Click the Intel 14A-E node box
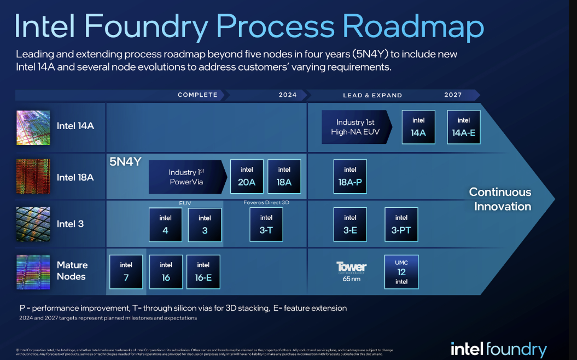463,127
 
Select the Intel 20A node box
247,176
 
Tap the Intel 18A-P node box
349,176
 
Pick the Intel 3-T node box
266,224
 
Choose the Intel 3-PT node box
401,224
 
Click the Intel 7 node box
126,271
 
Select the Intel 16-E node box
203,271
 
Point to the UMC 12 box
401,271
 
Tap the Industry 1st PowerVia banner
186,177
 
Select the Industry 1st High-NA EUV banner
355,127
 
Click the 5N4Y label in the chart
125,162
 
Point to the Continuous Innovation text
500,199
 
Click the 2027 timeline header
453,95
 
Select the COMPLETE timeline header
197,95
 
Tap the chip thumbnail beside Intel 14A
33,127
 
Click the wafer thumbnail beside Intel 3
33,224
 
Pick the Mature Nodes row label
72,271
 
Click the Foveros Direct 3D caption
266,202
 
